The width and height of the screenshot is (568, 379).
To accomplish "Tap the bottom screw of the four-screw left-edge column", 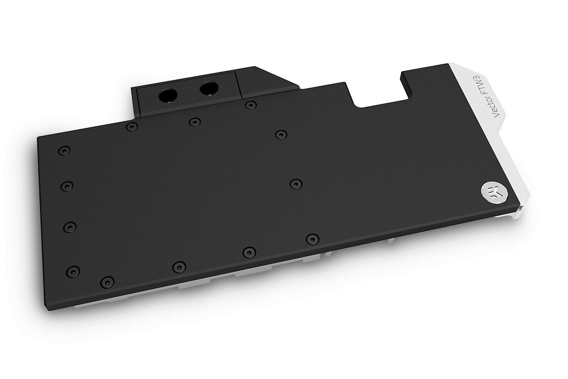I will tap(74, 271).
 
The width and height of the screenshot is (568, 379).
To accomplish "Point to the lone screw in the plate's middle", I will tap(295, 184).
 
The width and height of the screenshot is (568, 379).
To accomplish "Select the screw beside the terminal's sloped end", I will tap(251, 105).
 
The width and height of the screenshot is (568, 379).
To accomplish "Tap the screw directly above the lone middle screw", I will tap(280, 134).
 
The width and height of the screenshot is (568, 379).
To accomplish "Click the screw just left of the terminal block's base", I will tap(132, 126).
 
